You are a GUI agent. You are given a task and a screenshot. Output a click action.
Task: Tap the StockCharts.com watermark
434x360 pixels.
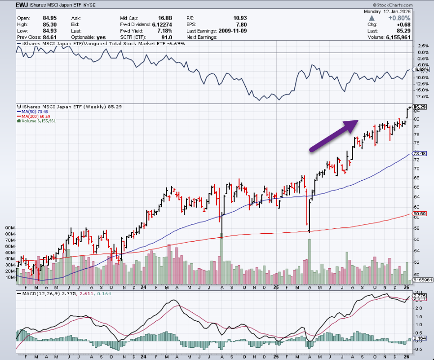pos(408,5)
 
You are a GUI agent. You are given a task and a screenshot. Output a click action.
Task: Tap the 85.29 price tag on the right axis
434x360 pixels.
pos(420,107)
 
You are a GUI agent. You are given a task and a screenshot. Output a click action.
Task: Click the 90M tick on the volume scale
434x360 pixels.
pos(10,228)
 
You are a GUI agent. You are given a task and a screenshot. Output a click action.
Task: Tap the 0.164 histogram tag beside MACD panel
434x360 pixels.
pos(420,338)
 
